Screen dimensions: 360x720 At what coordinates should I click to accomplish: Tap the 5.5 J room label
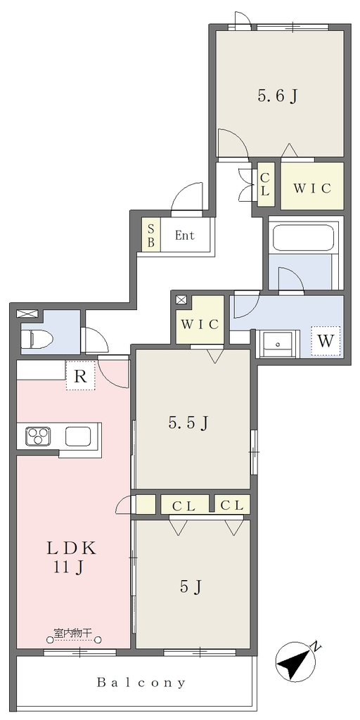coord(188,423)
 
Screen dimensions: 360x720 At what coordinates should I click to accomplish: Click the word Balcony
coord(141,683)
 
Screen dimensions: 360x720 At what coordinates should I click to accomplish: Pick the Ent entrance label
coord(185,236)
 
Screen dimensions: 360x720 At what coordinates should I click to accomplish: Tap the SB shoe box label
coord(150,234)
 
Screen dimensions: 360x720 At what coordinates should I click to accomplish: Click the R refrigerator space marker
coord(80,377)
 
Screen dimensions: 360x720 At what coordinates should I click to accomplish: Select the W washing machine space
coord(326,341)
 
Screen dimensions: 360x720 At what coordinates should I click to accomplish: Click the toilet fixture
coord(37,340)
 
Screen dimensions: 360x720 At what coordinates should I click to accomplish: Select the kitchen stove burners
coord(38,436)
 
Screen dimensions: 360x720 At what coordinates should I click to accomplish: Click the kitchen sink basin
coord(78,436)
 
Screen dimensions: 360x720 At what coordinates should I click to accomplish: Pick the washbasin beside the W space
coord(277,344)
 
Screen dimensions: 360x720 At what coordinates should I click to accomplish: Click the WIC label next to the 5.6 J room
coord(312,188)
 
